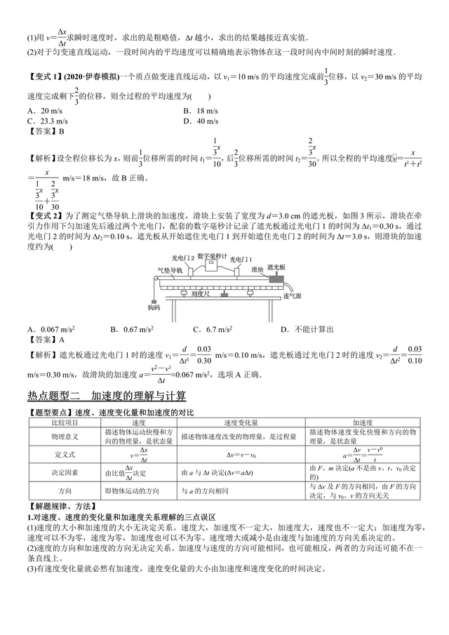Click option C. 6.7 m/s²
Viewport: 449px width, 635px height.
pyautogui.click(x=213, y=329)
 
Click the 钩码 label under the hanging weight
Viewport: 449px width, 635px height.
pyautogui.click(x=154, y=307)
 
